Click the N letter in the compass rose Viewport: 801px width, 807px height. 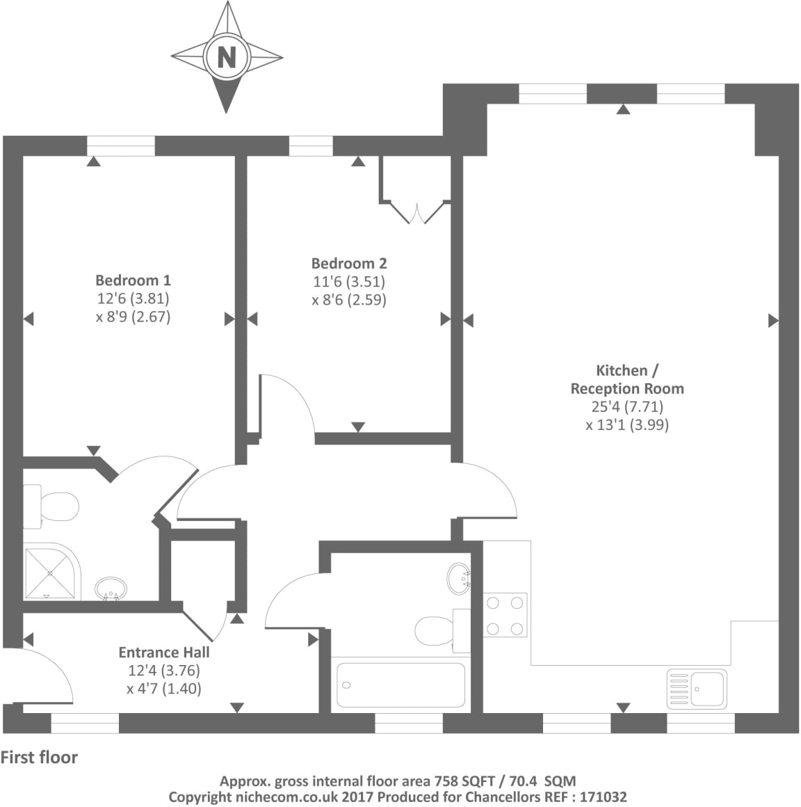226,56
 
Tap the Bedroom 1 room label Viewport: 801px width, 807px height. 133,280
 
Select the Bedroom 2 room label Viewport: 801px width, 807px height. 349,264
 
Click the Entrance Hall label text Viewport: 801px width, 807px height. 164,653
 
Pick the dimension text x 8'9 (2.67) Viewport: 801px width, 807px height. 133,317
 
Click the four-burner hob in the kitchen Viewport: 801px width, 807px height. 505,615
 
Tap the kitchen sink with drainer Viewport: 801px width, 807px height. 696,688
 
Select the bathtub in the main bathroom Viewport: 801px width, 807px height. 400,685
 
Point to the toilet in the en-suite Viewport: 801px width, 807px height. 52,506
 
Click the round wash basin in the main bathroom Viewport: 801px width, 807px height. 459,577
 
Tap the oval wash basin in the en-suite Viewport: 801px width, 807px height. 111,589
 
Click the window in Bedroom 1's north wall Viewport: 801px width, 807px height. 121,146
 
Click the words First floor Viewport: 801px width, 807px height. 40,758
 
